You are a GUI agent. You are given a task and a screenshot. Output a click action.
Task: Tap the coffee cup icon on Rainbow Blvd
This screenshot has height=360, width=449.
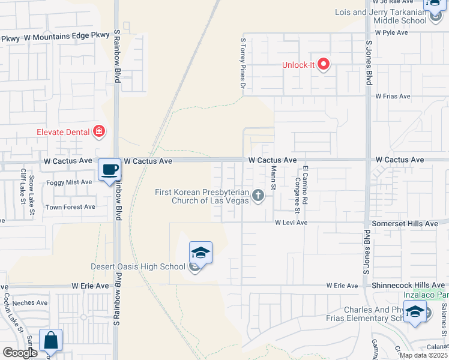click(109, 170)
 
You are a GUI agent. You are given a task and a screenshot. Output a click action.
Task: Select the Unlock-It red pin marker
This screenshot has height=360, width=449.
click(324, 64)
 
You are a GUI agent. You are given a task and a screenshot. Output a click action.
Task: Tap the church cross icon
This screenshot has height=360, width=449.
click(258, 195)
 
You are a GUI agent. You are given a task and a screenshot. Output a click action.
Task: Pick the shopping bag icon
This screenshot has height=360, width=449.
click(51, 340)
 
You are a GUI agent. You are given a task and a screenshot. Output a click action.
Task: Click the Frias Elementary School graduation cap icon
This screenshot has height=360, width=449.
click(415, 311)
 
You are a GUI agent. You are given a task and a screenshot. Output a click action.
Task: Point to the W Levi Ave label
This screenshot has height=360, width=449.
click(291, 223)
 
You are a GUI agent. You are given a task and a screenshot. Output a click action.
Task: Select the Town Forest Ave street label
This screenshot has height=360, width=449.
click(71, 207)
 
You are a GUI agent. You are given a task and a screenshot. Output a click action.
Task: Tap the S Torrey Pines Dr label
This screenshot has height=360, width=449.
click(243, 64)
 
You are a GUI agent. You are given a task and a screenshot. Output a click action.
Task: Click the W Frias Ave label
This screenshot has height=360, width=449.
click(393, 96)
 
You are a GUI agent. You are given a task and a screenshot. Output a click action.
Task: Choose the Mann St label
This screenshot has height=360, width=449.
click(273, 179)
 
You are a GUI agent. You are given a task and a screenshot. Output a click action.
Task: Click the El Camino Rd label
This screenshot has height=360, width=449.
click(305, 187)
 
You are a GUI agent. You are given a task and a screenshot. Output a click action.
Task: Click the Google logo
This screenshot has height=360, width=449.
click(20, 353)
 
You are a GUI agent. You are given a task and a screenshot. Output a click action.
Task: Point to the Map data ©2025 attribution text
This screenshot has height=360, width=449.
click(423, 355)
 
